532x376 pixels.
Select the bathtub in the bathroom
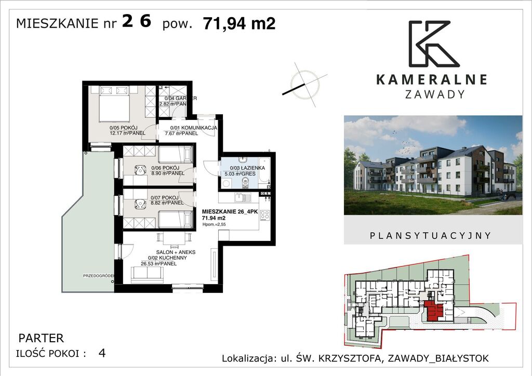(x=264, y=171)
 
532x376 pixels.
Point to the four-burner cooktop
(x=264, y=215)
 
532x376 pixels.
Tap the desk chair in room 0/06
(x=140, y=170)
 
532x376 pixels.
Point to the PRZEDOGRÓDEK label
(x=98, y=276)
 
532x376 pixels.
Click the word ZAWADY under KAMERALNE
(x=434, y=95)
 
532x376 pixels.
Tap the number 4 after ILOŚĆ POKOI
(x=102, y=354)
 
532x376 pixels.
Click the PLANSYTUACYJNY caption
(x=430, y=235)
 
